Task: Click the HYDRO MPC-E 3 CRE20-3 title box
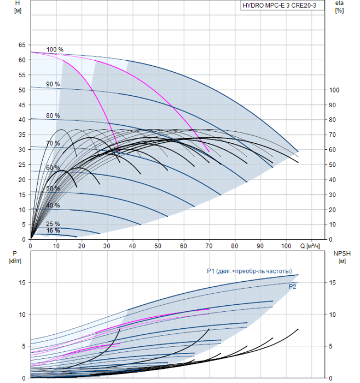pyautogui.click(x=282, y=5)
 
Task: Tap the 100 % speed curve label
pyautogui.click(x=55, y=50)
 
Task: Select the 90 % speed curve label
pyautogui.click(x=53, y=84)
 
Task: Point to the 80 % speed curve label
pyautogui.click(x=53, y=115)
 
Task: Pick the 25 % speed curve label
pyautogui.click(x=53, y=224)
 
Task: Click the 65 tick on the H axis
pyautogui.click(x=22, y=45)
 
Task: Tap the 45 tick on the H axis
pyautogui.click(x=22, y=105)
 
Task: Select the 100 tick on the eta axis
pyautogui.click(x=334, y=90)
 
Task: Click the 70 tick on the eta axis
pyautogui.click(x=333, y=135)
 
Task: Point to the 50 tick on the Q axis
pyautogui.click(x=158, y=246)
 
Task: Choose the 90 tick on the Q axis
pyautogui.click(x=260, y=246)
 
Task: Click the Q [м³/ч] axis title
pyautogui.click(x=310, y=246)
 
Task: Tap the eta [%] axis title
pyautogui.click(x=340, y=7)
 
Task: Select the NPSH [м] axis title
pyautogui.click(x=342, y=257)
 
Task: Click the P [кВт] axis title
pyautogui.click(x=15, y=257)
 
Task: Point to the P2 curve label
pyautogui.click(x=292, y=287)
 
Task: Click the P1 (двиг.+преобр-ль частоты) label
pyautogui.click(x=249, y=271)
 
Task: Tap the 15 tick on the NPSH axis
pyautogui.click(x=332, y=283)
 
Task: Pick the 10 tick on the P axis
pyautogui.click(x=22, y=315)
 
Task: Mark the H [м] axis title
pyautogui.click(x=18, y=7)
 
